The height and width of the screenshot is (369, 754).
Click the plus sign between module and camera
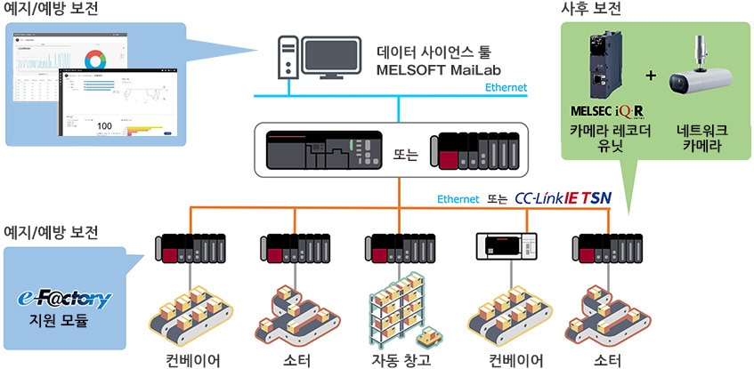[x=650, y=75]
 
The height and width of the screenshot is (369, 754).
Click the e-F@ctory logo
[x=64, y=298]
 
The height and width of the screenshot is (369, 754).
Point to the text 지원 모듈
[x=64, y=321]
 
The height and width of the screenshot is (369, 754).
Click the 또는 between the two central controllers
[x=405, y=152]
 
